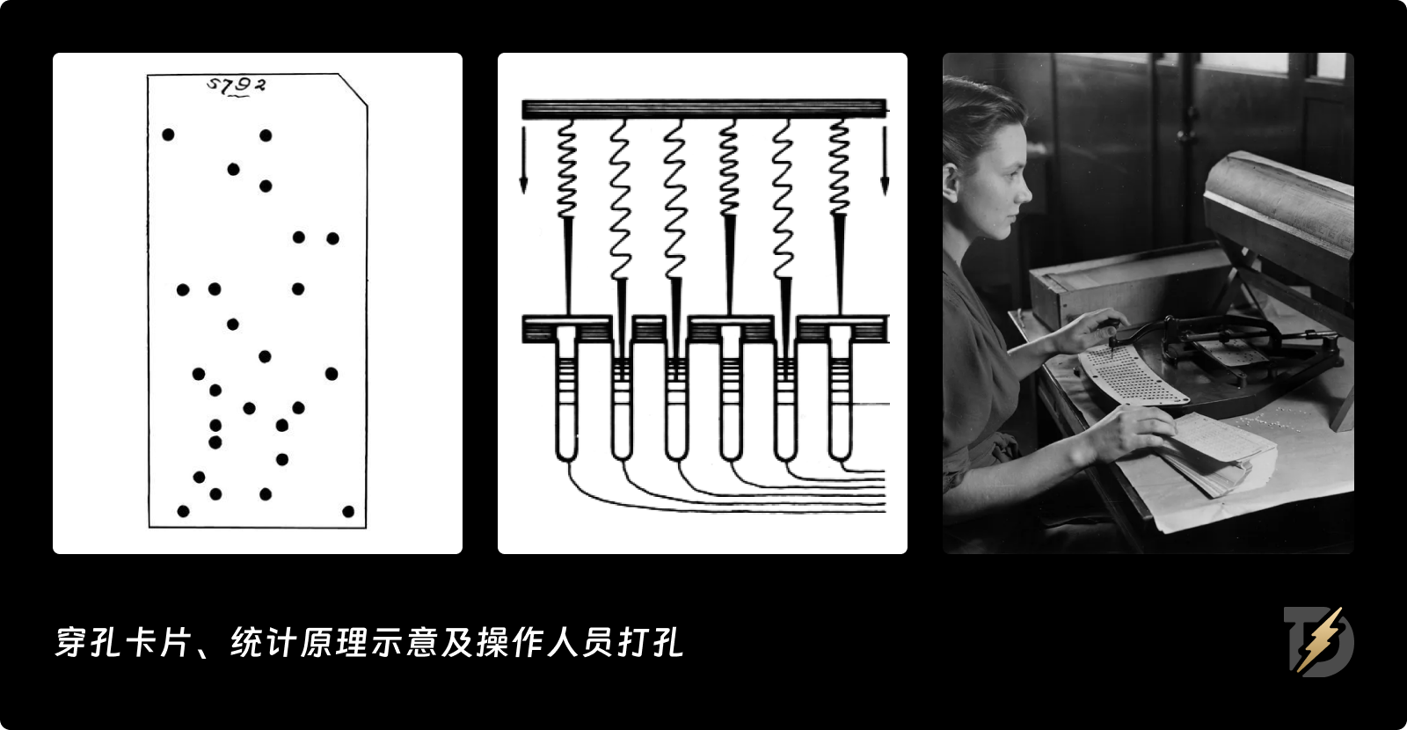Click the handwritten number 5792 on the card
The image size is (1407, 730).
(x=236, y=85)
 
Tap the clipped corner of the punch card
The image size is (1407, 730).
(x=354, y=90)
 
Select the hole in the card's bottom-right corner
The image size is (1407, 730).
(x=348, y=511)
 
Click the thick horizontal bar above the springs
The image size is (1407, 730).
(x=703, y=109)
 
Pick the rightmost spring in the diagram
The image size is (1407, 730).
(x=839, y=167)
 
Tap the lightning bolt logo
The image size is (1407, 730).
(x=1320, y=640)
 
